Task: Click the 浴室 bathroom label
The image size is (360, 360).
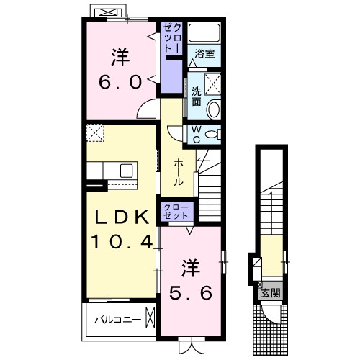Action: (x=204, y=53)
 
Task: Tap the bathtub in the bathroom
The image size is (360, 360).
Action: (x=204, y=32)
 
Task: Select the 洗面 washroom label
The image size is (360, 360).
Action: (x=197, y=96)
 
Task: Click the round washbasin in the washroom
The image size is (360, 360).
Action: (x=214, y=109)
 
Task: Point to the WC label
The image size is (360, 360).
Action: (x=197, y=134)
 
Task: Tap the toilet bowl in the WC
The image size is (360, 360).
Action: (x=213, y=134)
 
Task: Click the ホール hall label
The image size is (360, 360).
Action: (x=178, y=172)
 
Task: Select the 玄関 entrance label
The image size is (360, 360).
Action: (x=271, y=292)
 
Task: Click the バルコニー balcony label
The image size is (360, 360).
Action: (x=117, y=320)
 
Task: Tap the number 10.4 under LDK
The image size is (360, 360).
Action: (x=122, y=242)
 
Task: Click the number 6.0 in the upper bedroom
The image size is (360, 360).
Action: (x=120, y=82)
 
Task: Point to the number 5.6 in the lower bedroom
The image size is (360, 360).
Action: (x=191, y=292)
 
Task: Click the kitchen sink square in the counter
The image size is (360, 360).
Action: (x=126, y=171)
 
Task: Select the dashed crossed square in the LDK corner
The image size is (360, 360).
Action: (x=95, y=132)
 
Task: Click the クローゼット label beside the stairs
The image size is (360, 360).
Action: (x=176, y=212)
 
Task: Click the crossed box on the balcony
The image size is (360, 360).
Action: (x=150, y=317)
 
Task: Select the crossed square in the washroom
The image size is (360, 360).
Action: (x=212, y=84)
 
